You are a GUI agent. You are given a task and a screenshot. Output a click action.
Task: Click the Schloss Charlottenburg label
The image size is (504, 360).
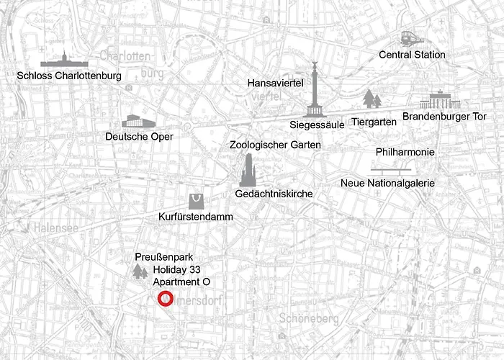(x=70, y=75)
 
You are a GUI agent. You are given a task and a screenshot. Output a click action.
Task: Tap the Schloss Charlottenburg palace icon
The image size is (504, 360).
(x=64, y=60)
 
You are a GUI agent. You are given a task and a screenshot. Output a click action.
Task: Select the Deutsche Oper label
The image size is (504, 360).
(x=139, y=136)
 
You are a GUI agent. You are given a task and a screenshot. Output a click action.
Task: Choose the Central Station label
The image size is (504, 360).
(x=413, y=55)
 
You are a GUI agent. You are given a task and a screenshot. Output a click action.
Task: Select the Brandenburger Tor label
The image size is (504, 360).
(x=444, y=116)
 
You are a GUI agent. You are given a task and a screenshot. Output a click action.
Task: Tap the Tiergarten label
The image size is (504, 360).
(x=374, y=122)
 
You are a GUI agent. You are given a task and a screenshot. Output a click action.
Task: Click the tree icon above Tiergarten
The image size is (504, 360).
(x=372, y=99)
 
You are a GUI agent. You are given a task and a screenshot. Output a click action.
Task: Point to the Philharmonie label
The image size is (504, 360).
(x=405, y=152)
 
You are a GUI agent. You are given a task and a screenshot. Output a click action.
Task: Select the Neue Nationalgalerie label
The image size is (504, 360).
(x=387, y=184)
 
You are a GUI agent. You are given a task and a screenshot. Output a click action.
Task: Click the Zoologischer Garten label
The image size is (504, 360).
(x=275, y=145)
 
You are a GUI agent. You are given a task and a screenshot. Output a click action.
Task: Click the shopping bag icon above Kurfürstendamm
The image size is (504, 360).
(x=196, y=201)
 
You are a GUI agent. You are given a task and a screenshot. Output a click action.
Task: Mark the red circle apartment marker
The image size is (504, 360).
(x=165, y=299)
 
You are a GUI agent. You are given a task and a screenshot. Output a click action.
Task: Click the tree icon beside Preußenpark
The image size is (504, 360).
(x=140, y=271)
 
